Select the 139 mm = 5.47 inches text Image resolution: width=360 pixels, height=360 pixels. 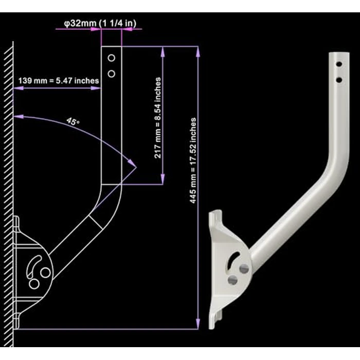pos(58,81)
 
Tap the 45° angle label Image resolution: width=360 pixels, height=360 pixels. pos(73,122)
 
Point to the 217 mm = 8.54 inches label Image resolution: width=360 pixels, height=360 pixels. pos(158,117)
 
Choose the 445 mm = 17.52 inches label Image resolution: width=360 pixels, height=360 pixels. pos(193,159)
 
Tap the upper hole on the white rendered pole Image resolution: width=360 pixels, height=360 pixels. pos(338,65)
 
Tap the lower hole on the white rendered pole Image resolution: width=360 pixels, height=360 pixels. pos(338,79)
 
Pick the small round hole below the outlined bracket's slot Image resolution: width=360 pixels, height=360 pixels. pos(34,283)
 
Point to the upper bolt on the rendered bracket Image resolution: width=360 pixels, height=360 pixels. pos(244,268)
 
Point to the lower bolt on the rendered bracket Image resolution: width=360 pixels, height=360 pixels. pos(233,280)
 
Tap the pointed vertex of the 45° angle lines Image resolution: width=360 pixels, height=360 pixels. pos(135,165)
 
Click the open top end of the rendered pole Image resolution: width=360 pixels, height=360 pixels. pos(337,52)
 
